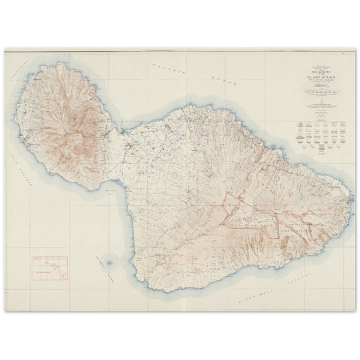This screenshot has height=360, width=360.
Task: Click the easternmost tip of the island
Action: (x=352, y=203)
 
